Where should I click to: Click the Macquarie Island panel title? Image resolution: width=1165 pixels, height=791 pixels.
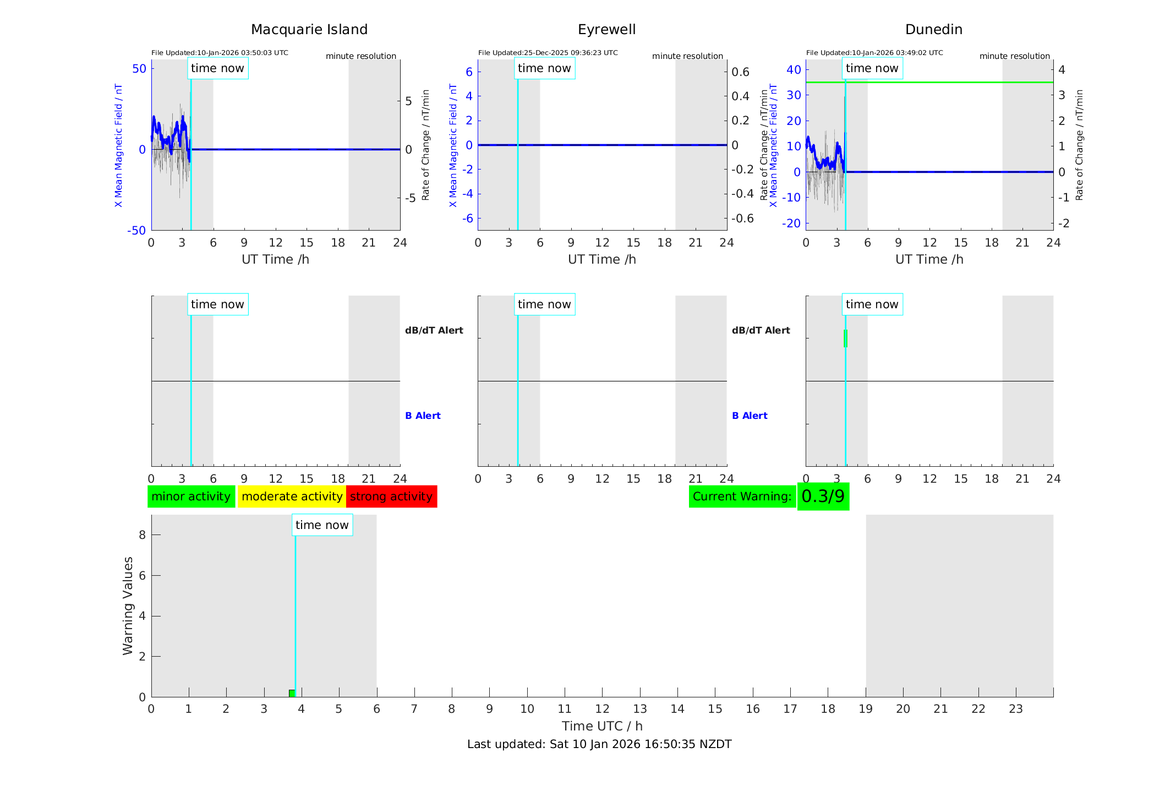click(x=309, y=30)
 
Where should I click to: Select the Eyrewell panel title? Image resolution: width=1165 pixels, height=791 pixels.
click(x=606, y=30)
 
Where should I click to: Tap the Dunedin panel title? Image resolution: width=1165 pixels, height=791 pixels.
click(x=933, y=30)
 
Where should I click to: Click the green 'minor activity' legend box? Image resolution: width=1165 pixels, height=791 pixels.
click(x=191, y=497)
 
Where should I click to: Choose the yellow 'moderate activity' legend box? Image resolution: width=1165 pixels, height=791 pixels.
click(x=292, y=497)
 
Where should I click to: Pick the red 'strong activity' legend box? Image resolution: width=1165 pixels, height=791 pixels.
click(x=391, y=497)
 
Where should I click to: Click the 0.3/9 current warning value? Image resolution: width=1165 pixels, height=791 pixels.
click(x=823, y=497)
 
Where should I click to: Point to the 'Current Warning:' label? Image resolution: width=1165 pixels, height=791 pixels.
click(x=742, y=497)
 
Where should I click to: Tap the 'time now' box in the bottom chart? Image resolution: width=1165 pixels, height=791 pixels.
click(x=322, y=525)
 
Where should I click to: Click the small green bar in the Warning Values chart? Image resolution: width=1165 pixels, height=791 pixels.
click(x=292, y=693)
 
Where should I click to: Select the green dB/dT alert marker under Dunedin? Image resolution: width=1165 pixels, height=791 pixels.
click(x=845, y=339)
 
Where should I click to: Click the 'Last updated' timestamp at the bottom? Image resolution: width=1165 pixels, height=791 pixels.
click(x=599, y=744)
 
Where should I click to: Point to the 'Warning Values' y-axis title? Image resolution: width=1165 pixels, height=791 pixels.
click(x=128, y=605)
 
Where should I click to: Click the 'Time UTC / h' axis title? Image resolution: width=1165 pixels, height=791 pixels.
click(x=602, y=726)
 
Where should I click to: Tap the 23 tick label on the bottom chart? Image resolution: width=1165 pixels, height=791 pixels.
click(x=1015, y=709)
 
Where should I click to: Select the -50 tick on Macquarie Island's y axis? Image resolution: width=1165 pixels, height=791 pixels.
click(x=136, y=231)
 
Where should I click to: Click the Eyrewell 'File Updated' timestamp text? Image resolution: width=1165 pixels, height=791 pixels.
click(x=548, y=53)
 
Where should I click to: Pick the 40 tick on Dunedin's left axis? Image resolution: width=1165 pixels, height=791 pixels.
click(x=794, y=69)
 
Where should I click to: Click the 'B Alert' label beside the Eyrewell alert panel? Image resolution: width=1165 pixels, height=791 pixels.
click(x=750, y=416)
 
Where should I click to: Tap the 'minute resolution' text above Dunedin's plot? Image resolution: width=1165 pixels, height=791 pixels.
click(x=1014, y=56)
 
